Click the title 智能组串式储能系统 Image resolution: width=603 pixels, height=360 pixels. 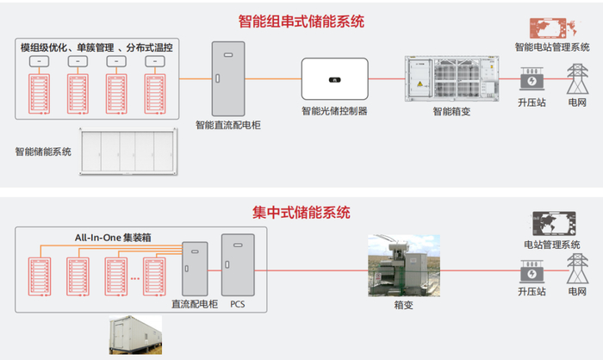click(302, 19)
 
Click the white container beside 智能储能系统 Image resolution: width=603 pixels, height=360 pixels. click(134, 152)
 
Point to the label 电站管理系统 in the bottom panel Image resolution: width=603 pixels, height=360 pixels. click(552, 245)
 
